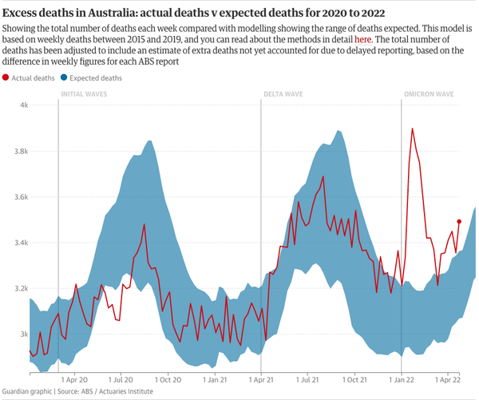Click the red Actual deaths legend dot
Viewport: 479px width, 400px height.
coord(7,78)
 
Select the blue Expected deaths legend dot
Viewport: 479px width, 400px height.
coord(64,78)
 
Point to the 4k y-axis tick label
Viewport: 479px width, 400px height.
coord(24,105)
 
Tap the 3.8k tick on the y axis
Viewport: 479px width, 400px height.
coord(21,151)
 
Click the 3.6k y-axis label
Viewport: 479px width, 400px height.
coord(21,196)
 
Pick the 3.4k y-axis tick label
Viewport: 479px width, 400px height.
coord(21,243)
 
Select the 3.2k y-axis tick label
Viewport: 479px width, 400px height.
coord(21,288)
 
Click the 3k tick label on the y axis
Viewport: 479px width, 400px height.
coord(24,334)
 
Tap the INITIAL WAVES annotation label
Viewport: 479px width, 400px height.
coord(85,94)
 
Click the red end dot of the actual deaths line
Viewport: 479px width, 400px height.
coord(459,221)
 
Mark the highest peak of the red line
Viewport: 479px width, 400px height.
coord(412,129)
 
